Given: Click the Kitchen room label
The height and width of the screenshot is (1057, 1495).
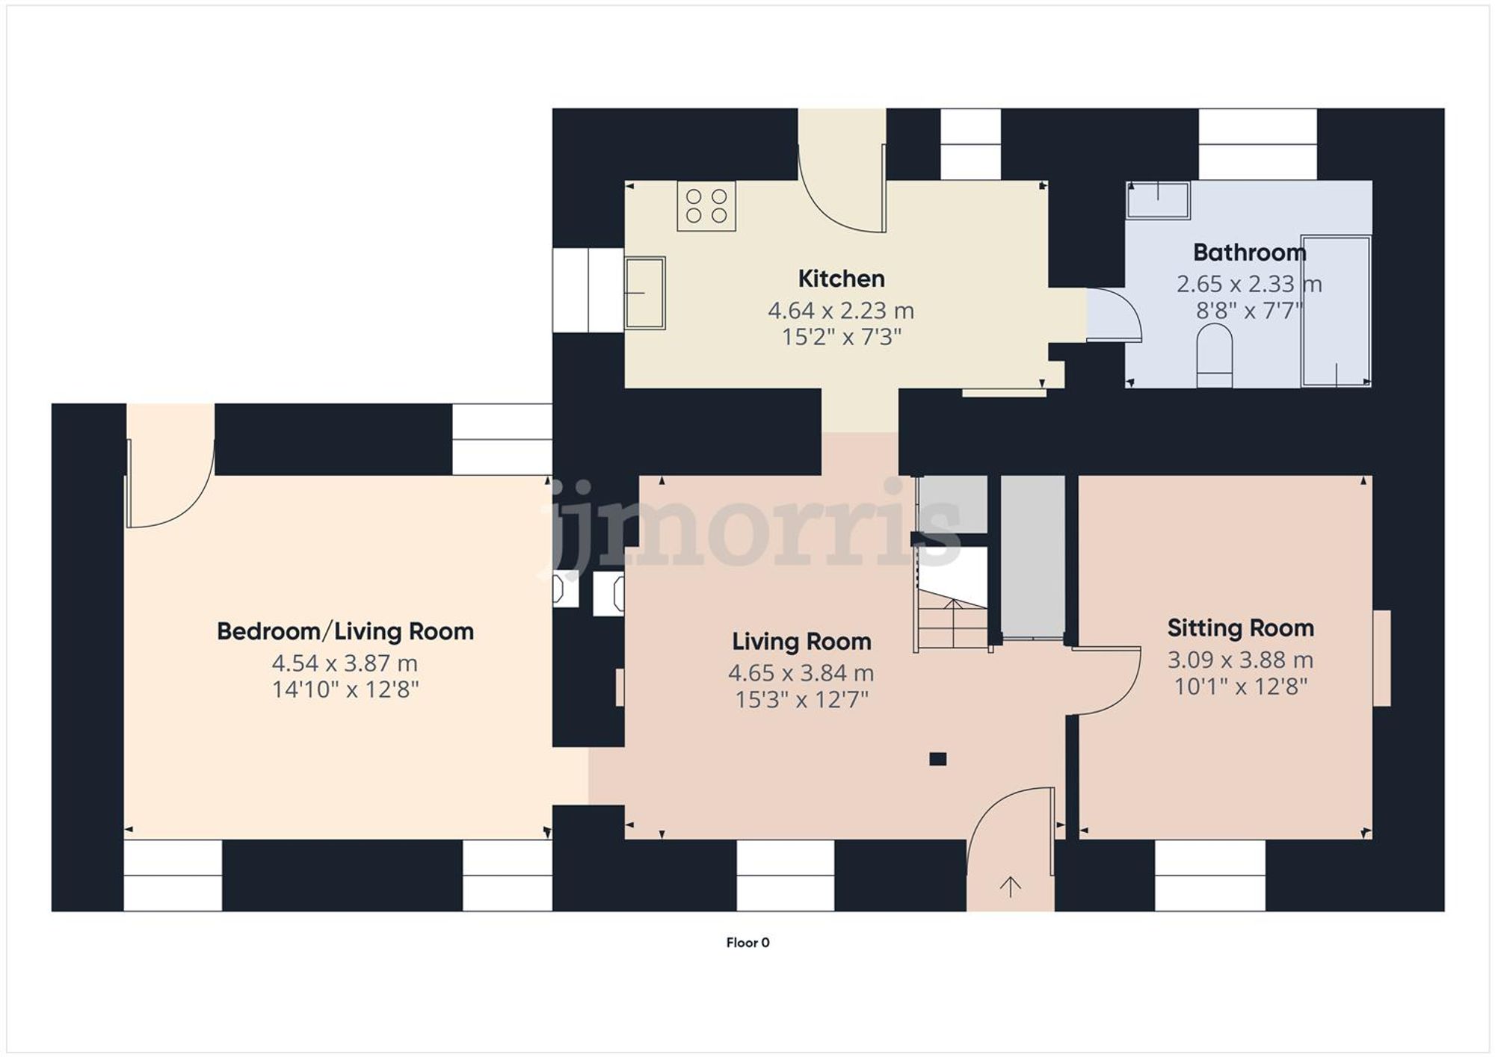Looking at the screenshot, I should tap(841, 279).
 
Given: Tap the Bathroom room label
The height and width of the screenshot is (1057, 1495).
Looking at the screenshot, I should tap(1249, 252).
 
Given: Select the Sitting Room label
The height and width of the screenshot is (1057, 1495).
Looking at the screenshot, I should tap(1240, 628).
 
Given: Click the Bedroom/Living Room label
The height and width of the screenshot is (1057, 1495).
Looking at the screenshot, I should tap(345, 631).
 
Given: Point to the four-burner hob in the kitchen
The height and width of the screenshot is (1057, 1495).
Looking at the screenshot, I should tap(706, 206).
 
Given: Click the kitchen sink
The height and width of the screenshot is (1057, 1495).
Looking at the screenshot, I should tap(645, 293).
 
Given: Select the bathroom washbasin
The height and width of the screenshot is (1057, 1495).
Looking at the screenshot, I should tap(1158, 200).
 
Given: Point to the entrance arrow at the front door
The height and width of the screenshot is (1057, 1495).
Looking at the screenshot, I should tap(1011, 887).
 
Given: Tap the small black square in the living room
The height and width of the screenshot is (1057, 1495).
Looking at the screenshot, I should tap(937, 759).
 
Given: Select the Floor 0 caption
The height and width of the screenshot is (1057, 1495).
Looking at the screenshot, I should tap(747, 943).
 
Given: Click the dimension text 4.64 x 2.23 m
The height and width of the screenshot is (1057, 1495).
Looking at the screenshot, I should tap(841, 310).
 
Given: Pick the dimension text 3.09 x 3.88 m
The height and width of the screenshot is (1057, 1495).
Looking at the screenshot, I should tap(1240, 660).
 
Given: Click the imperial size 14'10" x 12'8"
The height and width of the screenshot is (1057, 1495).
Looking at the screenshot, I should tap(345, 689).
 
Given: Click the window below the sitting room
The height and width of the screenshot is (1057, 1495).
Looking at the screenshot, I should tap(1209, 875).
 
